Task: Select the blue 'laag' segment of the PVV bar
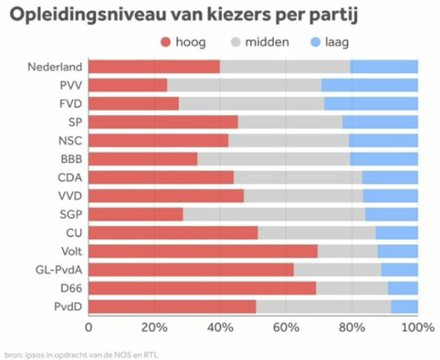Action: click(x=370, y=85)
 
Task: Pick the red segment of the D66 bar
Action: click(x=202, y=288)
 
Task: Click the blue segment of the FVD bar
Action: click(x=371, y=103)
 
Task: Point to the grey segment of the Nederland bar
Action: click(x=285, y=67)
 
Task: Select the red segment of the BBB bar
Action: click(x=143, y=158)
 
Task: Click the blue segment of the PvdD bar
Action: click(x=404, y=306)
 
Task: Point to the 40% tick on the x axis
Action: click(x=220, y=326)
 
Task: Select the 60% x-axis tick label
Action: click(x=286, y=326)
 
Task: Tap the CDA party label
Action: click(x=69, y=177)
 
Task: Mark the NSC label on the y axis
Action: click(x=69, y=140)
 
